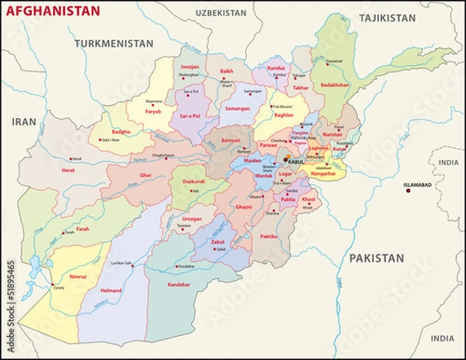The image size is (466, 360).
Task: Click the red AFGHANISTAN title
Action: pyautogui.click(x=53, y=11)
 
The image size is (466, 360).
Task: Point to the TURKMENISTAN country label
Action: pyautogui.click(x=113, y=43)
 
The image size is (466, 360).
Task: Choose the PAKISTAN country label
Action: pyautogui.click(x=376, y=258)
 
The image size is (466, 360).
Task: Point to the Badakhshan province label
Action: pyautogui.click(x=335, y=85)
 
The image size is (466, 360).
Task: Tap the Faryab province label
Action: pyautogui.click(x=153, y=111)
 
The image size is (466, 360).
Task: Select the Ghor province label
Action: pyautogui.click(x=145, y=175)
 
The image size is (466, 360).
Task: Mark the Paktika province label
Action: pyautogui.click(x=269, y=235)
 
